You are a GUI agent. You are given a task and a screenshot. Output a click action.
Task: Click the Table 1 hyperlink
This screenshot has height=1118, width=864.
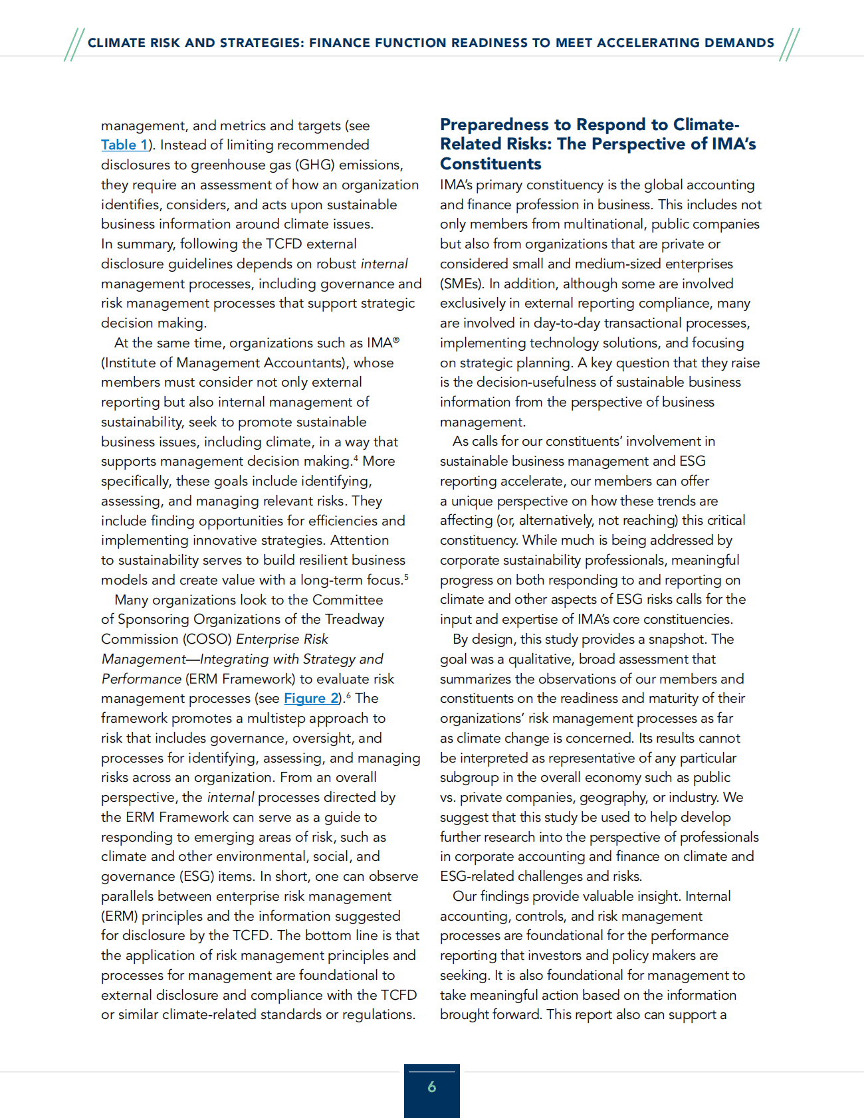(x=124, y=145)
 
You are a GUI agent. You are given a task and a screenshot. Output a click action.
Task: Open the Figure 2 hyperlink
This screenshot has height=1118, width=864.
(x=311, y=698)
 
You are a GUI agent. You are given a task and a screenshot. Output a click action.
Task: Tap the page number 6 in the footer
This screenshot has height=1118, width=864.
(x=432, y=1087)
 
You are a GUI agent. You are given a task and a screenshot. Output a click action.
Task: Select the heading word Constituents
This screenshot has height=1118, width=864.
(x=490, y=164)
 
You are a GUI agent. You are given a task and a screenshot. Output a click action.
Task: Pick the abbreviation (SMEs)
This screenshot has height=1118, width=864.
(x=461, y=284)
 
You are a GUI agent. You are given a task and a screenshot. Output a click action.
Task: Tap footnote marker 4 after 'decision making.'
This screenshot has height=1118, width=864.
(x=356, y=458)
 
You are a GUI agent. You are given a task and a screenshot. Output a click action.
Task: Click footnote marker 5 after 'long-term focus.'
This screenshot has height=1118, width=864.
(x=406, y=577)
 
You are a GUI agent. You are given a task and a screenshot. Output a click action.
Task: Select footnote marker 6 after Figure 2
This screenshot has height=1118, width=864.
(x=348, y=695)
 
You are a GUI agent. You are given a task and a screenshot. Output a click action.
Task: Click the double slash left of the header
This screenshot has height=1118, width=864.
(x=74, y=45)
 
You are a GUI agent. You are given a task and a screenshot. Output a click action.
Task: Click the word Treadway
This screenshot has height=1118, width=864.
(x=354, y=619)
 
